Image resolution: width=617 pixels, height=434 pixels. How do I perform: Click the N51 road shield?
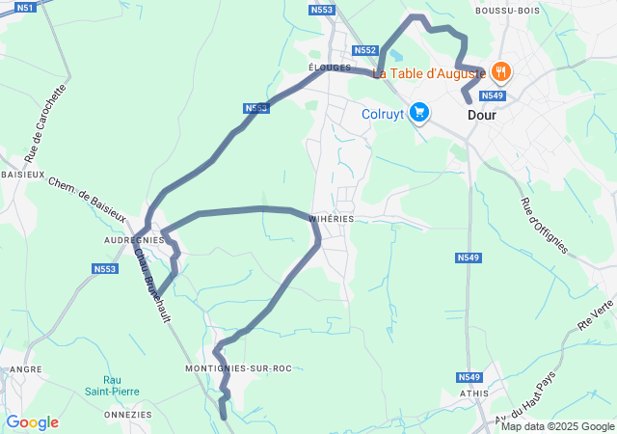tap(26, 7)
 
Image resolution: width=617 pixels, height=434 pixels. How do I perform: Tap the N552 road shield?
tap(364, 50)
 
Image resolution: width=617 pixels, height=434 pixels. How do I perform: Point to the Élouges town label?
tap(326, 68)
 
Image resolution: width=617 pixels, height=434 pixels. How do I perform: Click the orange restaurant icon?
tap(500, 70)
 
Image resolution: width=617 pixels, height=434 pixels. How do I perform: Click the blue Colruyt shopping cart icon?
tap(418, 113)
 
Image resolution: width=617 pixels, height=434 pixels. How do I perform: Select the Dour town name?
tap(481, 114)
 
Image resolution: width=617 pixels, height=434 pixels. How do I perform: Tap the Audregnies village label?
tap(133, 240)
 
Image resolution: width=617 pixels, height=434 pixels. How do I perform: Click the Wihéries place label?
tap(332, 219)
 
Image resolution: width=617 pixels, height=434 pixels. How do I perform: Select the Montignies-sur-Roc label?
tap(237, 368)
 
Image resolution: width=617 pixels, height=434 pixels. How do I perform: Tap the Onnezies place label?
tap(128, 414)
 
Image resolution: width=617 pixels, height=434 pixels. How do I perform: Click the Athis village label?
tap(474, 393)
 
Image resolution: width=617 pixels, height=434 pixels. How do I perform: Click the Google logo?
tap(32, 422)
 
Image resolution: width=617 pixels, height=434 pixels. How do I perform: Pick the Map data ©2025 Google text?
tap(557, 426)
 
